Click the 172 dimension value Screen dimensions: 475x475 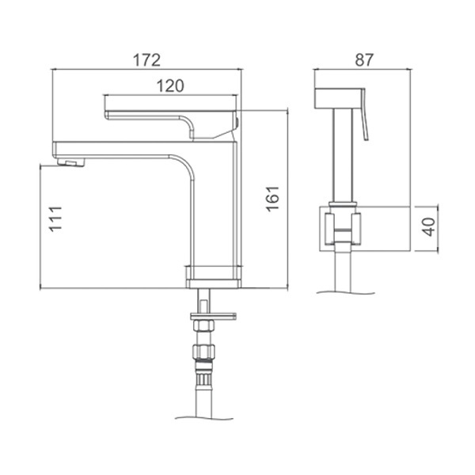[146, 60]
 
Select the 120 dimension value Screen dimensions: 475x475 [170, 86]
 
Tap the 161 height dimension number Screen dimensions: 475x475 [272, 199]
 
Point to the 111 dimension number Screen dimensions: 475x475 [55, 219]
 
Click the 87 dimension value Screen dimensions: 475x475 [364, 59]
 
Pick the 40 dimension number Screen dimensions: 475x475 [428, 226]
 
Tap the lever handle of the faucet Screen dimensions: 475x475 [172, 124]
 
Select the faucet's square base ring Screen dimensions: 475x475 [213, 277]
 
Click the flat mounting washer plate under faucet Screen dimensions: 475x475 [213, 316]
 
